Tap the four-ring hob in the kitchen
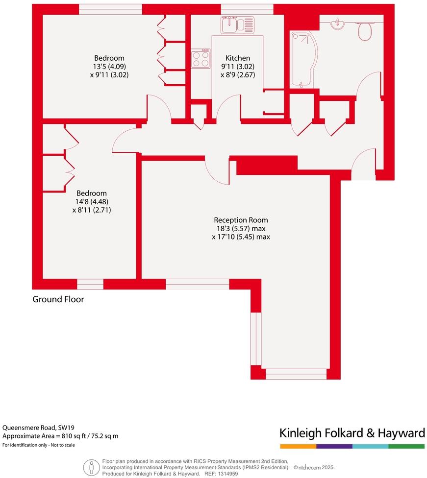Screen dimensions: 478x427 pyautogui.click(x=201, y=59)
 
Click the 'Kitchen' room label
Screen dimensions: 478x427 pyautogui.click(x=238, y=58)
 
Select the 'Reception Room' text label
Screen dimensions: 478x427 pyautogui.click(x=241, y=220)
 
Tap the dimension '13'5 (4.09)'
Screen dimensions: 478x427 pyautogui.click(x=109, y=67)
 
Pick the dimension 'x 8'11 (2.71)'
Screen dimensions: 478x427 pyautogui.click(x=89, y=210)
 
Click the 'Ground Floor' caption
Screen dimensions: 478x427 pyautogui.click(x=58, y=299)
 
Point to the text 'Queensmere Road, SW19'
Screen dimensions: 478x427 pyautogui.click(x=38, y=427)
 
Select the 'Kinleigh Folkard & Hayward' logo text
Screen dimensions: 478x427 pyautogui.click(x=352, y=433)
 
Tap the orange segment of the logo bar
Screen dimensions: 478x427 pyautogui.click(x=298, y=446)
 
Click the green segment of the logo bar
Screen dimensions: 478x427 pyautogui.click(x=406, y=446)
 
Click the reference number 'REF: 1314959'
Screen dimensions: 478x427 pyautogui.click(x=222, y=474)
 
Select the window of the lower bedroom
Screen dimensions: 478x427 pyautogui.click(x=90, y=284)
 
